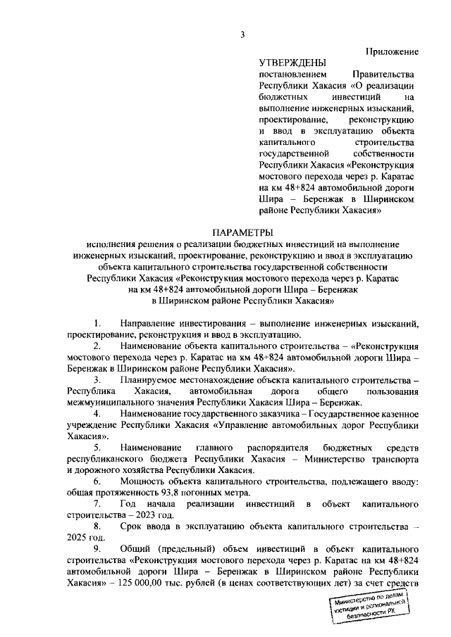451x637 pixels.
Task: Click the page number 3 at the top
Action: pos(242,35)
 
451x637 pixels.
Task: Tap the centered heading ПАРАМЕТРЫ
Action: pos(242,232)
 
